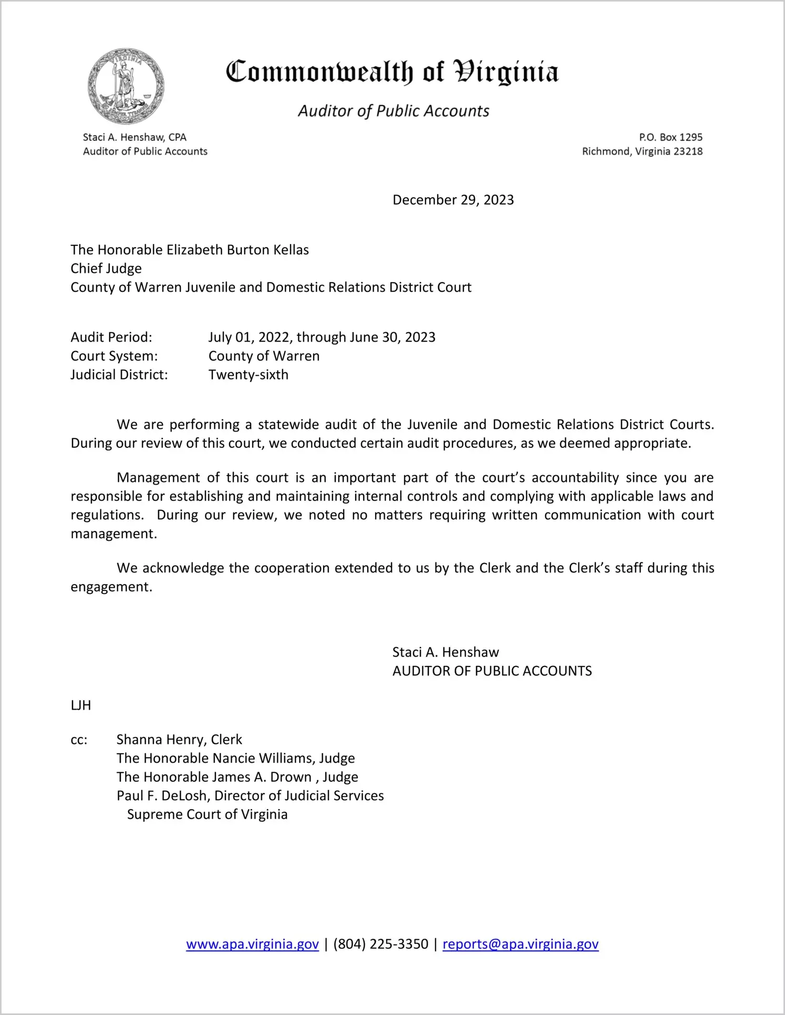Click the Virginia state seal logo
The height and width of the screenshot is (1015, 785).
(126, 86)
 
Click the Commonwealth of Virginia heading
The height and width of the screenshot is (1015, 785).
(392, 72)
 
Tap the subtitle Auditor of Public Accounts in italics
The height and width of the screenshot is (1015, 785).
(394, 111)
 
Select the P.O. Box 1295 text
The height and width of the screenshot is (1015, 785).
(670, 137)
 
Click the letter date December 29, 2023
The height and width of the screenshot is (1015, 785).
(453, 200)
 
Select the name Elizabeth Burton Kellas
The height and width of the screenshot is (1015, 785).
(237, 250)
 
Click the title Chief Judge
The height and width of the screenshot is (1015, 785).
(106, 269)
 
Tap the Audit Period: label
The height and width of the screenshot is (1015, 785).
(111, 337)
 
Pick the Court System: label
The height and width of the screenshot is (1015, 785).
(114, 356)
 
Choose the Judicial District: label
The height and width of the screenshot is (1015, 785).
(119, 375)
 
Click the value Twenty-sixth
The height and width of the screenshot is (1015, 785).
(249, 375)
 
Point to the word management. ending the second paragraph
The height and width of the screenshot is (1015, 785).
(114, 534)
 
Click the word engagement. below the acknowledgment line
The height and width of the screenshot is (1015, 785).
(111, 587)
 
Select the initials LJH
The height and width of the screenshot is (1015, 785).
(81, 705)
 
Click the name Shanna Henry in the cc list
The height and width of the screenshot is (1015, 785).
(161, 740)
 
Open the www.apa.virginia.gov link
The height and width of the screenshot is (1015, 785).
(252, 944)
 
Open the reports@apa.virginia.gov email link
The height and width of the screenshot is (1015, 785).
(520, 944)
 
